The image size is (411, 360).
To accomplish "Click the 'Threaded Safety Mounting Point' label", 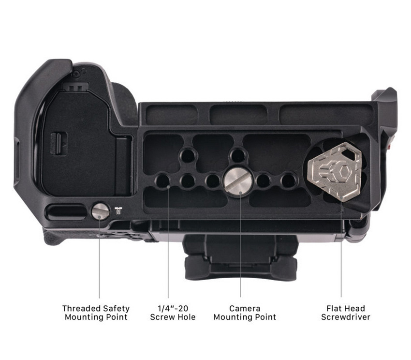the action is [96, 313].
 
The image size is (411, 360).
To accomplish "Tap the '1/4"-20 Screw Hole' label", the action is [173, 313].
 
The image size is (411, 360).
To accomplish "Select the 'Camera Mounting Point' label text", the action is [245, 313].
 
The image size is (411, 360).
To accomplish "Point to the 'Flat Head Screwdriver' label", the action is [346, 313].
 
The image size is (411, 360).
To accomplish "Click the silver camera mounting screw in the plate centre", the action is [238, 180].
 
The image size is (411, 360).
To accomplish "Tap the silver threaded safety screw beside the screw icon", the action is [101, 211].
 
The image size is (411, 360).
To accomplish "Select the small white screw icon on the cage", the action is [118, 211].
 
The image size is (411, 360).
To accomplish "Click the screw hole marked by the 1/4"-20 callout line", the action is [163, 180].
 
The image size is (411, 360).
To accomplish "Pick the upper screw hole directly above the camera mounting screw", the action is [238, 155].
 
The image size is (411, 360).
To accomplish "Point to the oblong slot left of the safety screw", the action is [67, 212].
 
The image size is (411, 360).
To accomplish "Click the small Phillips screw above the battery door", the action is [76, 74].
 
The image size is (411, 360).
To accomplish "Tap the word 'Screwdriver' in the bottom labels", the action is [346, 317].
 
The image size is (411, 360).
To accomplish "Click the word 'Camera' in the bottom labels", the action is [245, 308].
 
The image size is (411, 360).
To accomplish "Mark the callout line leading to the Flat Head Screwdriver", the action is [341, 250].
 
